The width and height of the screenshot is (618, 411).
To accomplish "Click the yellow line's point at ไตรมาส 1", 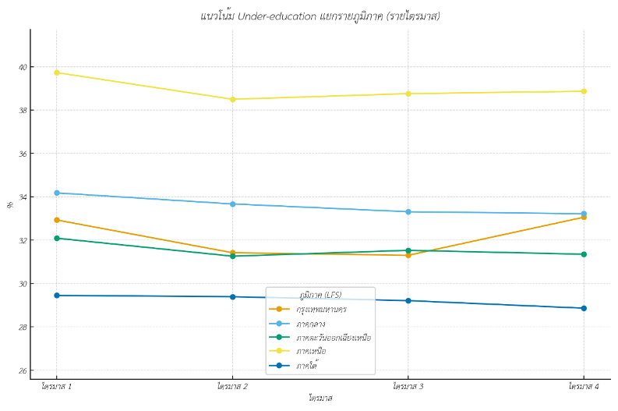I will pos(56,73).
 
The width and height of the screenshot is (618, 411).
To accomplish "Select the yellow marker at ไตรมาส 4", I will pos(584,91).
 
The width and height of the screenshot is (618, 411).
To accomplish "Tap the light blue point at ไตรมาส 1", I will pos(56,193).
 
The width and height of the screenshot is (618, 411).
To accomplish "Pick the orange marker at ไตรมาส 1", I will pos(56,220).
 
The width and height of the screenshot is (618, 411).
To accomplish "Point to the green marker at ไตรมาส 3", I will pos(408,250).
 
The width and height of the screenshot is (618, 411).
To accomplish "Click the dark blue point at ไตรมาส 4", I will pos(584,308).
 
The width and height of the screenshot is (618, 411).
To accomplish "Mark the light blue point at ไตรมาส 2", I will pos(232,204).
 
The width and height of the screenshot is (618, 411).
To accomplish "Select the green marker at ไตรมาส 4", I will pos(584,254).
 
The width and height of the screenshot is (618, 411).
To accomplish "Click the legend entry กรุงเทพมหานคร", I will pos(321,309).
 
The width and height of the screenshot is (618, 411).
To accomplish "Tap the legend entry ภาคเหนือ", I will pos(311,351).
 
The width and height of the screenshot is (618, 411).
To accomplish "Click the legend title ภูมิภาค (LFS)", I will pos(320,295).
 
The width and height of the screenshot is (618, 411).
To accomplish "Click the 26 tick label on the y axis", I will pos(22,371).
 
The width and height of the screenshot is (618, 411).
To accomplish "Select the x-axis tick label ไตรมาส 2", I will pos(232,386).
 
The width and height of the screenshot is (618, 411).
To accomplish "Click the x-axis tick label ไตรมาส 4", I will pos(584,386).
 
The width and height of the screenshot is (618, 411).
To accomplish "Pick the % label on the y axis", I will pos(10,204).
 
